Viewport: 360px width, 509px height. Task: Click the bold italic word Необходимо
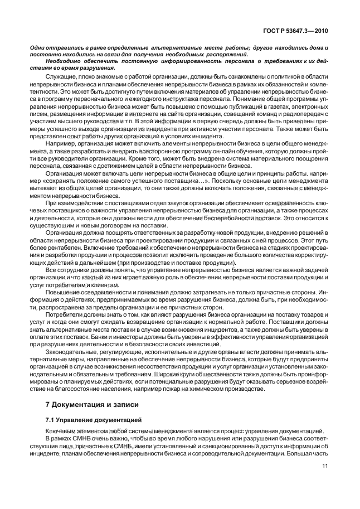65,61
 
